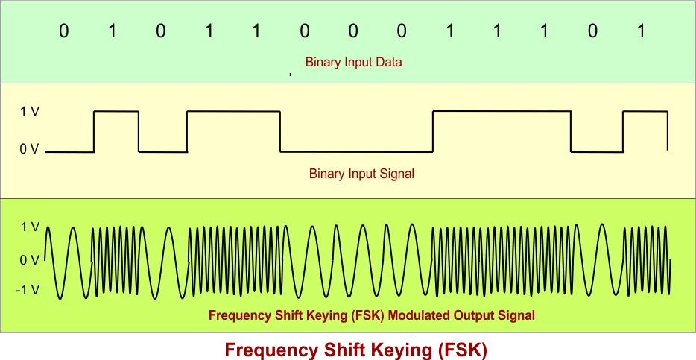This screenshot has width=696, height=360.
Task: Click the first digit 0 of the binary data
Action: tap(64, 33)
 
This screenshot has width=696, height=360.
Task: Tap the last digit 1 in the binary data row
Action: tap(642, 33)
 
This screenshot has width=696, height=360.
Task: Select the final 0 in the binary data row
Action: tap(594, 33)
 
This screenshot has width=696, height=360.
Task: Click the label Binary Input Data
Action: tap(353, 63)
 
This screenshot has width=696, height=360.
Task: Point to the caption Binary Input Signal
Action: tap(361, 174)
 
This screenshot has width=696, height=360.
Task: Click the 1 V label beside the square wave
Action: tap(30, 112)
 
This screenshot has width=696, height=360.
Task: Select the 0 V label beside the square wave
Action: tap(30, 150)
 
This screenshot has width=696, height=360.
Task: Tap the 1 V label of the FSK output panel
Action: tap(30, 227)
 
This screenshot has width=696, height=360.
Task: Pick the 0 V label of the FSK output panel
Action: tap(30, 260)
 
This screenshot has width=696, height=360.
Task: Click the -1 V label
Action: tap(28, 290)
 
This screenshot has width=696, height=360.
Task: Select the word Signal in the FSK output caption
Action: tap(516, 315)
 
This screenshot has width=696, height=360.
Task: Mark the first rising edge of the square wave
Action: tap(94, 131)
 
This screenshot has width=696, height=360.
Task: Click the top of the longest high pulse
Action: tap(502, 111)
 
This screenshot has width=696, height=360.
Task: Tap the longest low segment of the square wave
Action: tap(356, 151)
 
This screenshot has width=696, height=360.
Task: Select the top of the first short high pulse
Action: tap(116, 111)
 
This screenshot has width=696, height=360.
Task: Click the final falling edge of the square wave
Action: tap(667, 131)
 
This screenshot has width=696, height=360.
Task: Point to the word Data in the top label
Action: tap(388, 63)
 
